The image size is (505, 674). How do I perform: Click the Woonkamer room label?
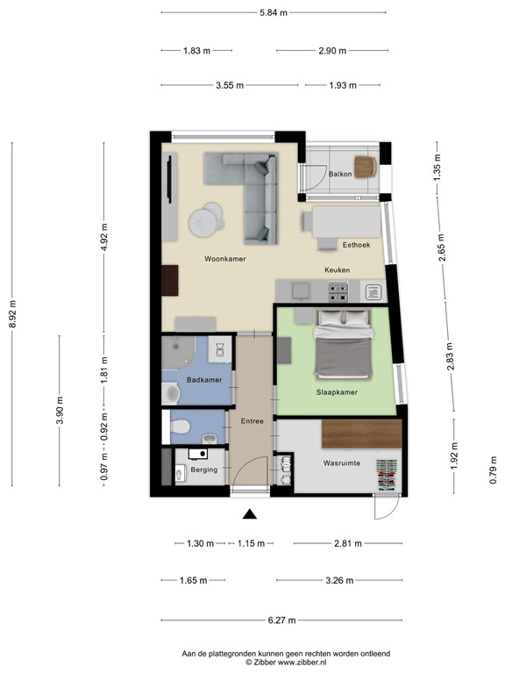[224, 259]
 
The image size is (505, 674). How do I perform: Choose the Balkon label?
[341, 174]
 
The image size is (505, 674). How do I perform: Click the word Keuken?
[338, 270]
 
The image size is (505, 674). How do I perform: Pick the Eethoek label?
[358, 245]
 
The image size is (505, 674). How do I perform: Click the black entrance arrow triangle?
[250, 515]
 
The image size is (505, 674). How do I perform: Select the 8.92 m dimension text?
[12, 314]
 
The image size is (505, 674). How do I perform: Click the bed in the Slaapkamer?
[340, 342]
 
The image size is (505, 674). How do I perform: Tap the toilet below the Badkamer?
[181, 427]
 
